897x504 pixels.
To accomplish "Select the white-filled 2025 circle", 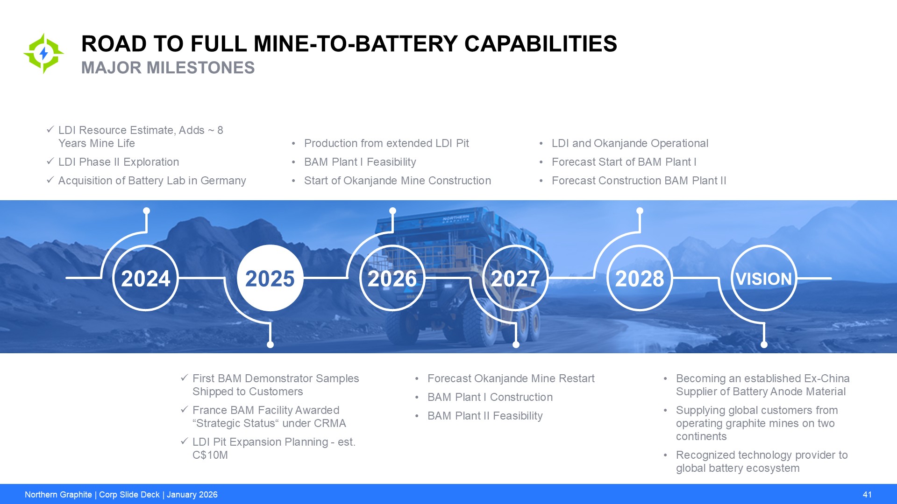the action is coord(270,278).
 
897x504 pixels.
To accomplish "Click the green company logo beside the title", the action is coord(43,53).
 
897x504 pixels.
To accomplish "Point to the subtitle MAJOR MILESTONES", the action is coord(168,68).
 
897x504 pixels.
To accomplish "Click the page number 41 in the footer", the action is coord(867,495).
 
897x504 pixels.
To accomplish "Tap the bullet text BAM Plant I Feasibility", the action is coord(360,162).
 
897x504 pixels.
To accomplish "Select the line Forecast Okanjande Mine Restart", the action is coord(511,378).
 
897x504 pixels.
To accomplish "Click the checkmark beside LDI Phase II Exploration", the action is coord(50,161).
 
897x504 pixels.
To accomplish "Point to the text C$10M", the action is coord(210,455).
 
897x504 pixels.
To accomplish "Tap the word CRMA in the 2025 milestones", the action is coord(330,423).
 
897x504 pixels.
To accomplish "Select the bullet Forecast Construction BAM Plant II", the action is coord(639,181).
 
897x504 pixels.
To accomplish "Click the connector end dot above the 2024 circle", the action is coord(146,211).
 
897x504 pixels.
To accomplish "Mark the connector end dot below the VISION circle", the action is coord(764,345).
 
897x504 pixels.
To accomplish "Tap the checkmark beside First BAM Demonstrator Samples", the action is coord(184,378).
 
